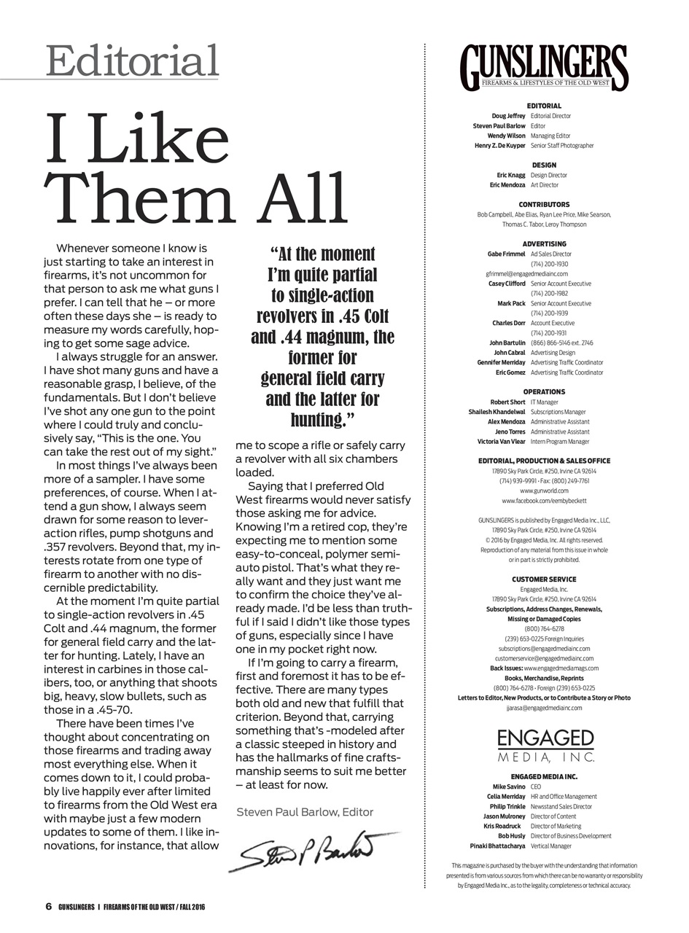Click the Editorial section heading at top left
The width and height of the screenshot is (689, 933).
132,60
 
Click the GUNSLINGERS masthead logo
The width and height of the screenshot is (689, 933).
544,68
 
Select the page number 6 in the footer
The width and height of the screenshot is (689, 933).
48,907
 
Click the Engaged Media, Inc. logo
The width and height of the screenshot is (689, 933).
545,746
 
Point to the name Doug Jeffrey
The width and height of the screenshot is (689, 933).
509,116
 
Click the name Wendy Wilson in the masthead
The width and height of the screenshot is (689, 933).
507,136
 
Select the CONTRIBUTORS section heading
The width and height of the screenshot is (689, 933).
544,205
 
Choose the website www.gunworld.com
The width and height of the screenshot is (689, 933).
544,491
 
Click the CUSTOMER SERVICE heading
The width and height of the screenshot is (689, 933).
544,579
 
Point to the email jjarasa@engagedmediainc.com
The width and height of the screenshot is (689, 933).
544,708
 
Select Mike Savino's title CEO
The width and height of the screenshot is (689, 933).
536,787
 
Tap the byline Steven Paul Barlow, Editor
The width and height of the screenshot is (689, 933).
305,811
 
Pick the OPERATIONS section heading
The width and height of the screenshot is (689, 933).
544,392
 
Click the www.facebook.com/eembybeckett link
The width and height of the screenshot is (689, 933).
544,501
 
